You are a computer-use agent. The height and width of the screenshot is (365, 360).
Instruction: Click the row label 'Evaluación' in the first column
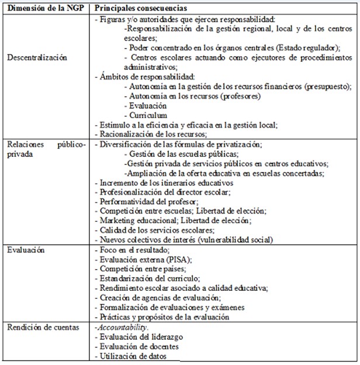[26, 249]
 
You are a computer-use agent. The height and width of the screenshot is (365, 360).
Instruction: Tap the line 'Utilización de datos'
[133, 357]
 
